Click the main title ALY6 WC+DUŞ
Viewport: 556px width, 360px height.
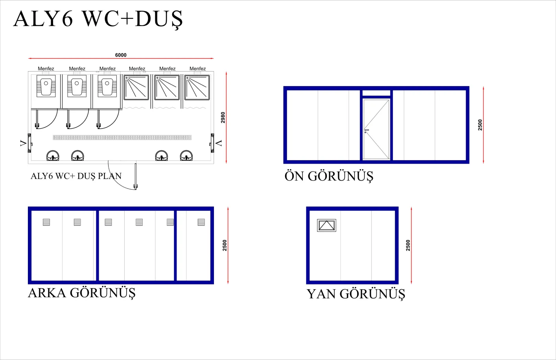pyautogui.click(x=98, y=18)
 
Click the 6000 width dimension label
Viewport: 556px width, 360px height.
pyautogui.click(x=121, y=55)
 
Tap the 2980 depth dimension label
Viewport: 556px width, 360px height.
pyautogui.click(x=223, y=118)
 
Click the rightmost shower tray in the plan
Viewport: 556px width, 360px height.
pyautogui.click(x=197, y=88)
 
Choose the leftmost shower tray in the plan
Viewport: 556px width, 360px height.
pyautogui.click(x=136, y=88)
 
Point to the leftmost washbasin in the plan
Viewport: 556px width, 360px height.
pyautogui.click(x=53, y=156)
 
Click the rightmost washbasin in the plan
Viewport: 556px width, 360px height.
pyautogui.click(x=186, y=156)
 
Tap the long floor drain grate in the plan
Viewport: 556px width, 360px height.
pyautogui.click(x=122, y=137)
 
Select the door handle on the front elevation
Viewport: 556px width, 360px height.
pyautogui.click(x=366, y=130)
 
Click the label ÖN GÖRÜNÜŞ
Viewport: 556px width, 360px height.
pyautogui.click(x=329, y=176)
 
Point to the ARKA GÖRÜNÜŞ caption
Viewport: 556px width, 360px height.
pyautogui.click(x=82, y=293)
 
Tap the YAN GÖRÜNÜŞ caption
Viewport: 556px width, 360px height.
pyautogui.click(x=356, y=294)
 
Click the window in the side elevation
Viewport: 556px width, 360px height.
pyautogui.click(x=327, y=225)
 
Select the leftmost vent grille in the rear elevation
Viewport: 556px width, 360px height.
pyautogui.click(x=46, y=222)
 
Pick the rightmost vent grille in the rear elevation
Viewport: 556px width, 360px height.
pyautogui.click(x=201, y=222)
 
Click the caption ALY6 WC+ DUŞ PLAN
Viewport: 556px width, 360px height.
pyautogui.click(x=76, y=176)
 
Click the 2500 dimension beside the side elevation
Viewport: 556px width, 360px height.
pyautogui.click(x=408, y=245)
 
